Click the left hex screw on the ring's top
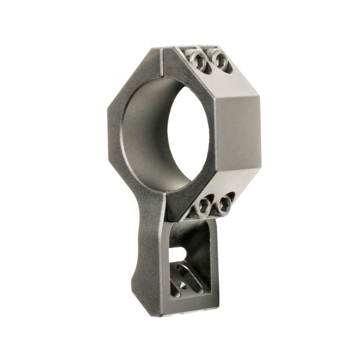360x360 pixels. (199, 60)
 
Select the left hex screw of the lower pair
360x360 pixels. (203, 208)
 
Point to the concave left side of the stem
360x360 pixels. (136, 257)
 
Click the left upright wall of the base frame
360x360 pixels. (166, 262)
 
